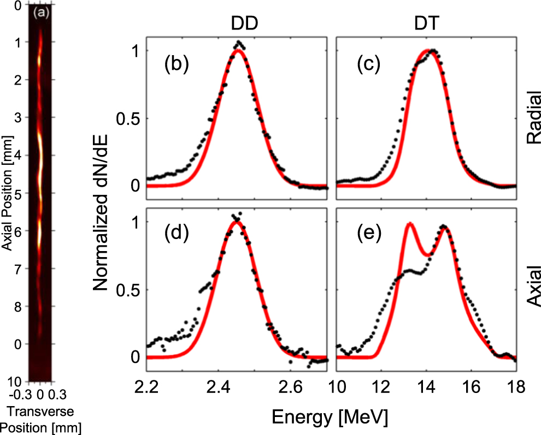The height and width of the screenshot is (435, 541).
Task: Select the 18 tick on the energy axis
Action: pyautogui.click(x=517, y=388)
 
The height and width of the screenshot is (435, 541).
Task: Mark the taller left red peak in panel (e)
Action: pyautogui.click(x=409, y=223)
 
